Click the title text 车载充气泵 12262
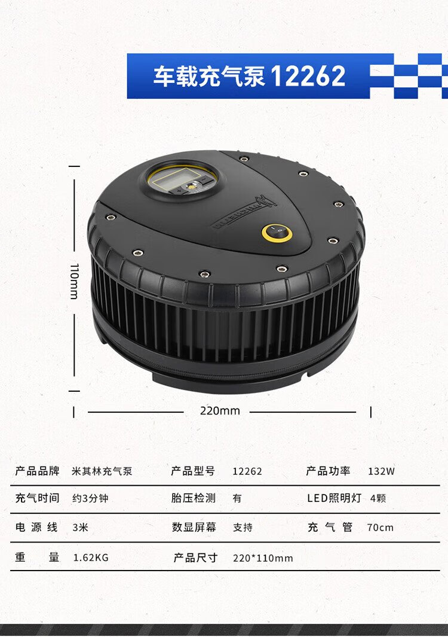pos(249,76)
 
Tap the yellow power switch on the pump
pos(277,233)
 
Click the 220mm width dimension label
pos(220,411)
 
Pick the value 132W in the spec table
pos(382,471)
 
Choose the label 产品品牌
pos(37,471)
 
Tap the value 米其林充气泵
pos(102,471)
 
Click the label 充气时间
pos(37,498)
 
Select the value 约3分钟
pos(90,498)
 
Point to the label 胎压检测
pos(193,498)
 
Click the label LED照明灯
pos(334,498)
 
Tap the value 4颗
pos(378,498)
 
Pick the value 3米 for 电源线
pos(81,528)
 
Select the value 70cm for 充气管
pos(381,528)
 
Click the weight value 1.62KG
pos(91,557)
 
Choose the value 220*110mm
pos(263,558)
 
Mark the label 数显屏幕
pos(194,527)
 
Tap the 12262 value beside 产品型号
pos(247,471)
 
